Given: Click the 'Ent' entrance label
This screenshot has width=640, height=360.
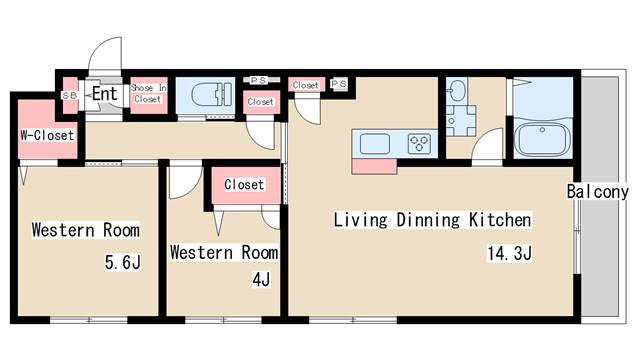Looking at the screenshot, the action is click(105, 94).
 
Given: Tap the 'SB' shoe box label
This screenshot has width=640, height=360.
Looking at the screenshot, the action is click(69, 96).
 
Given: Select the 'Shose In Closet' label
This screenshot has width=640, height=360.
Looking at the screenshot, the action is click(149, 93).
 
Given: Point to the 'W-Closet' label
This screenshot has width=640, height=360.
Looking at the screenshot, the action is click(47, 135).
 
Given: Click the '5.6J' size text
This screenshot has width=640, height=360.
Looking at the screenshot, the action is click(123, 262).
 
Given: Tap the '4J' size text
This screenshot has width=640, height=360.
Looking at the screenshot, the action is click(261, 280).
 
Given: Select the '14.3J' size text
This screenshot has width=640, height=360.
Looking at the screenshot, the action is click(510, 253).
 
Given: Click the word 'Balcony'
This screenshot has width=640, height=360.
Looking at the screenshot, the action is click(598, 191).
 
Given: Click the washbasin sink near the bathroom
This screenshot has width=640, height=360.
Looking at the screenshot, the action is click(456, 90).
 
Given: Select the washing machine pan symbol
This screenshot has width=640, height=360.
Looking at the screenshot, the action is click(461, 121).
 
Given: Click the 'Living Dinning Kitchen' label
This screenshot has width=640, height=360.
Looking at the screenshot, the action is click(433, 220).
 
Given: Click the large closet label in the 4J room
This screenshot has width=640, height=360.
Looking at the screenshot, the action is click(244, 184).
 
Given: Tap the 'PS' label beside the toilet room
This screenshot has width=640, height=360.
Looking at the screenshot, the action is click(258, 81).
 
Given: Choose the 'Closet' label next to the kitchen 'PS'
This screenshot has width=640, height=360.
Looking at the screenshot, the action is click(306, 85).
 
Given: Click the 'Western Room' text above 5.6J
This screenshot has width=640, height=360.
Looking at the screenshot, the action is click(86, 230).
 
